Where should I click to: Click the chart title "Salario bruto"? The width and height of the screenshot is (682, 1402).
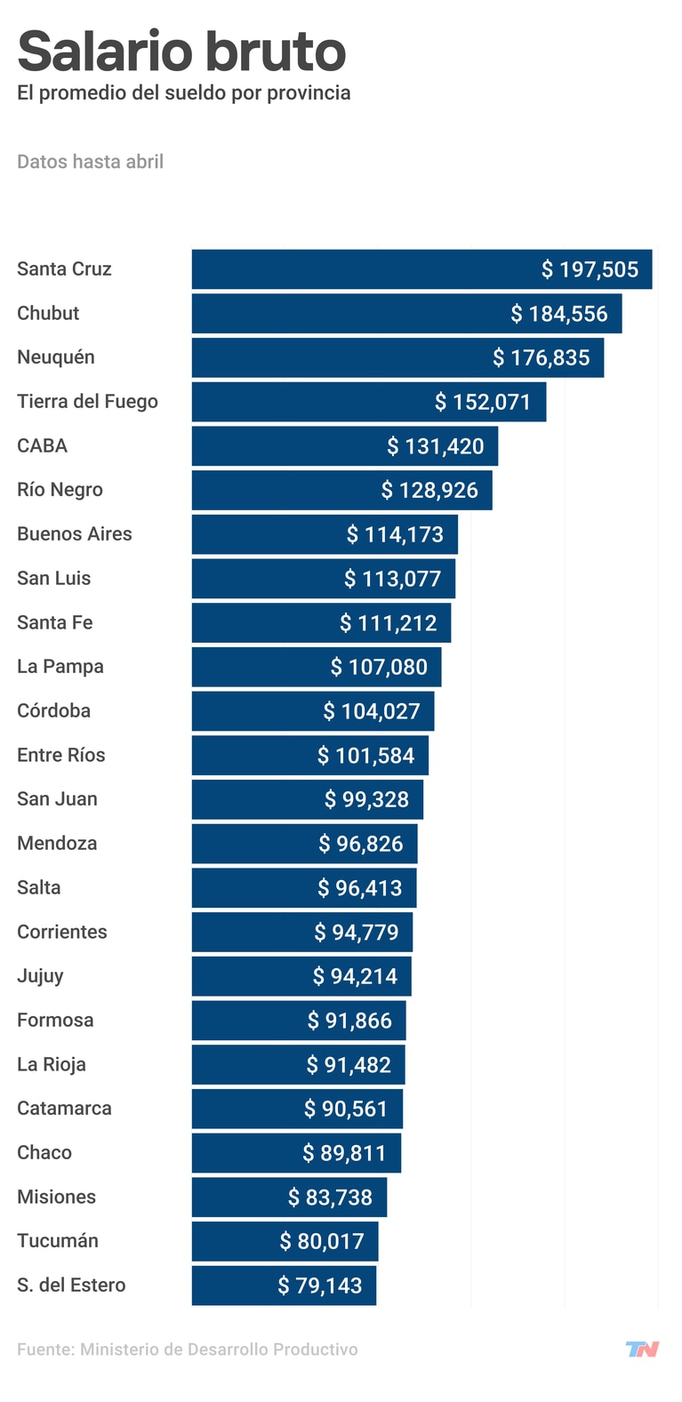click(181, 51)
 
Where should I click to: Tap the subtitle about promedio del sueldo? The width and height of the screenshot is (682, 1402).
click(183, 93)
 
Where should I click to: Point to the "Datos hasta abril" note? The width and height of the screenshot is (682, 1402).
click(90, 162)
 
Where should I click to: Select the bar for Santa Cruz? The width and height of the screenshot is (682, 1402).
click(421, 269)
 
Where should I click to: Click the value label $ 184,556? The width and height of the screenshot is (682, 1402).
click(558, 314)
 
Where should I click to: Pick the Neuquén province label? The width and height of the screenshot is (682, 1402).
click(55, 357)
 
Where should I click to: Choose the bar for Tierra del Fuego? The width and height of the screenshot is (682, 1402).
click(368, 402)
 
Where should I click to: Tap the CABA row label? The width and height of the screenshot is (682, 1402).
click(42, 445)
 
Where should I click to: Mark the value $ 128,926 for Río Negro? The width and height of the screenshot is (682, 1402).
click(429, 490)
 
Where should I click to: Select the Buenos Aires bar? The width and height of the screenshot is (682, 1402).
click(325, 534)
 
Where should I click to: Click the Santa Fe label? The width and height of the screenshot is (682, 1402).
click(54, 622)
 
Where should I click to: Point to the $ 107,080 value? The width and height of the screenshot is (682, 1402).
click(379, 667)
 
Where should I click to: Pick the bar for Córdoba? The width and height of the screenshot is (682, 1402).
click(312, 711)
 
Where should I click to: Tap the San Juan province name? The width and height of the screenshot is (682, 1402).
click(57, 799)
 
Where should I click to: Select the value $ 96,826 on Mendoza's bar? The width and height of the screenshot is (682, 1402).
click(361, 844)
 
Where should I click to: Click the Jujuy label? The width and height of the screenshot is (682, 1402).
click(40, 976)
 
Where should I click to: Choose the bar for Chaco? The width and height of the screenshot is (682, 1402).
click(296, 1153)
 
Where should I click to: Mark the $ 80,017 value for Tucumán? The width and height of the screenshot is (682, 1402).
click(322, 1241)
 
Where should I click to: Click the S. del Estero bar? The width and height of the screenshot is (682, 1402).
click(284, 1286)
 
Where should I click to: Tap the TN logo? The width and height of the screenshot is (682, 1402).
click(642, 1349)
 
